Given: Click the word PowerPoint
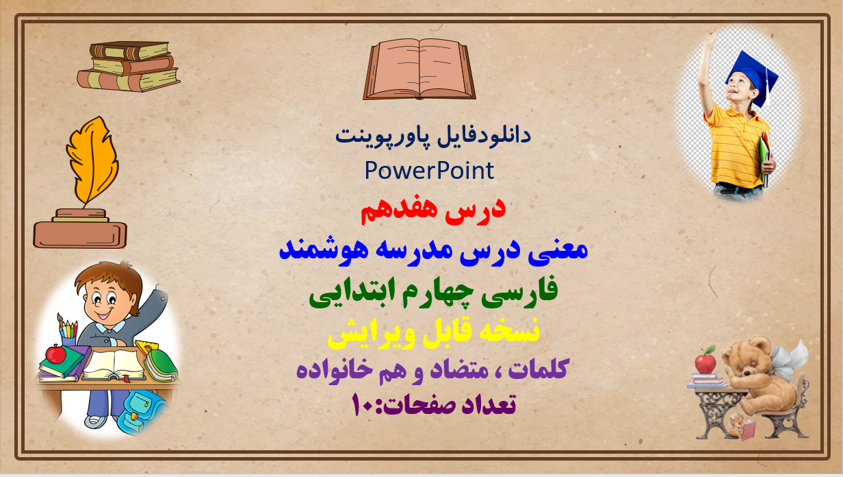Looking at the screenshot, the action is click(x=429, y=171).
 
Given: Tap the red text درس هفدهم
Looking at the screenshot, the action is click(x=432, y=211).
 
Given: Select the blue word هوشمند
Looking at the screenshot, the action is click(x=324, y=250).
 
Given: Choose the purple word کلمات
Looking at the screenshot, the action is click(x=538, y=369).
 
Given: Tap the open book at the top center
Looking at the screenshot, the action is click(x=419, y=69).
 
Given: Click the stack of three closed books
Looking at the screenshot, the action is click(x=129, y=66).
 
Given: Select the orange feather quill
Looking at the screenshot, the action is click(x=93, y=160).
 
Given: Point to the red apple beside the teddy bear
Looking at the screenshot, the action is click(x=705, y=361).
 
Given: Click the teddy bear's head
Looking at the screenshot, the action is click(x=746, y=358).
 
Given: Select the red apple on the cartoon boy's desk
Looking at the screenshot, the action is click(x=55, y=354).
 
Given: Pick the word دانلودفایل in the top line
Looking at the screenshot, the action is click(x=484, y=135).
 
